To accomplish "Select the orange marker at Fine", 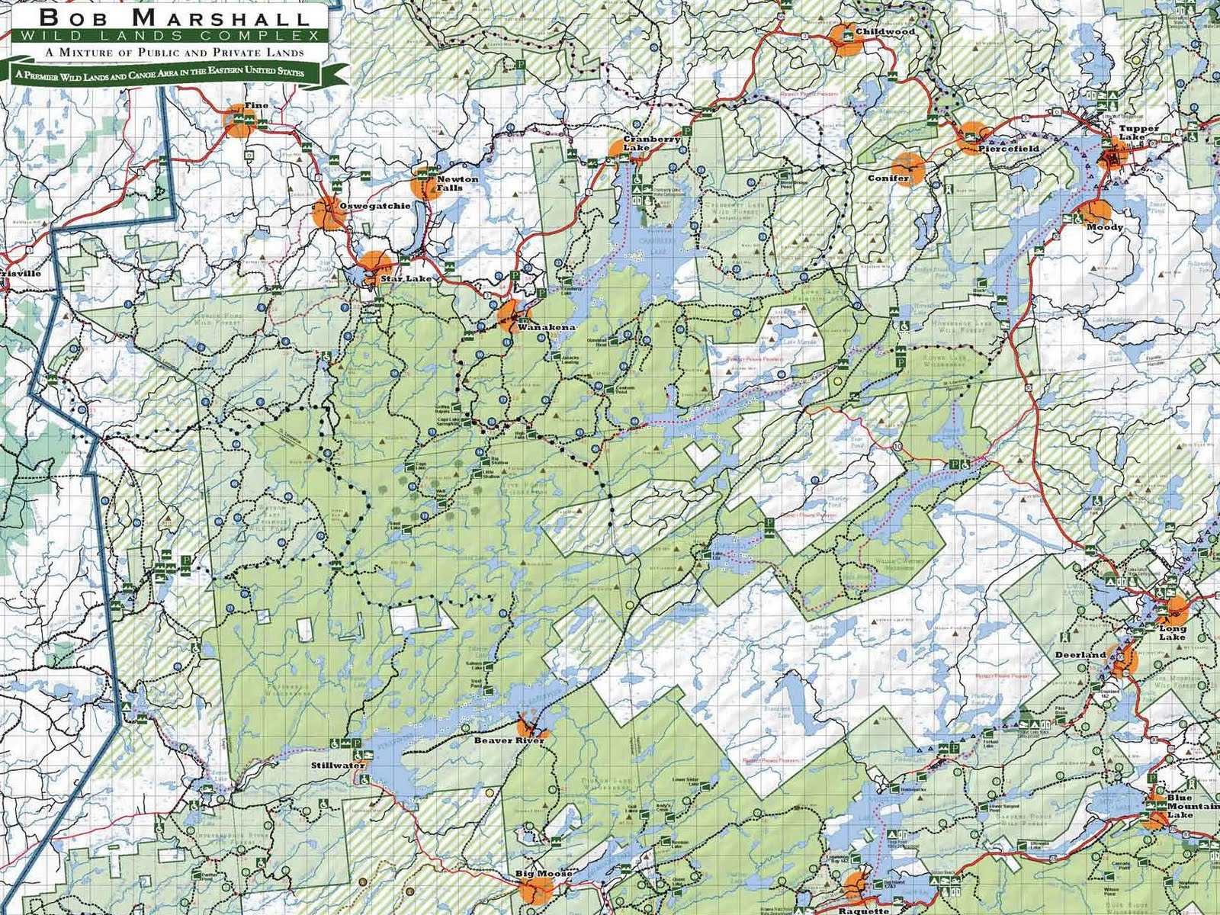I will tap(237, 123).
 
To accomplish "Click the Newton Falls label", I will tap(457, 184).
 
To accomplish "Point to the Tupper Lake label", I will tap(1139, 133).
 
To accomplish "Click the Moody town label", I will tap(1104, 227).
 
